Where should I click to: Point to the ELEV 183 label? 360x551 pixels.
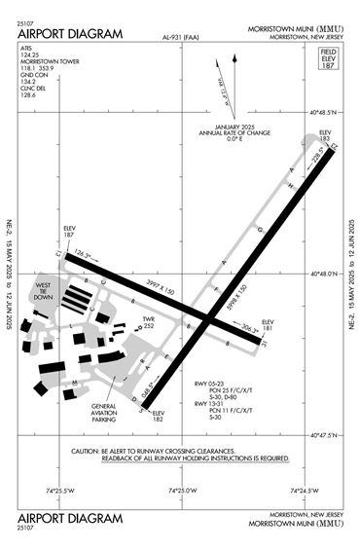coord(326,135)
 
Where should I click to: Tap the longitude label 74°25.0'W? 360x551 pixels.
coord(181,490)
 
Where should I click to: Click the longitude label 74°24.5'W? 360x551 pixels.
coord(303,490)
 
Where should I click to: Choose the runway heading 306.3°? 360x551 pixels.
coord(249,328)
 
